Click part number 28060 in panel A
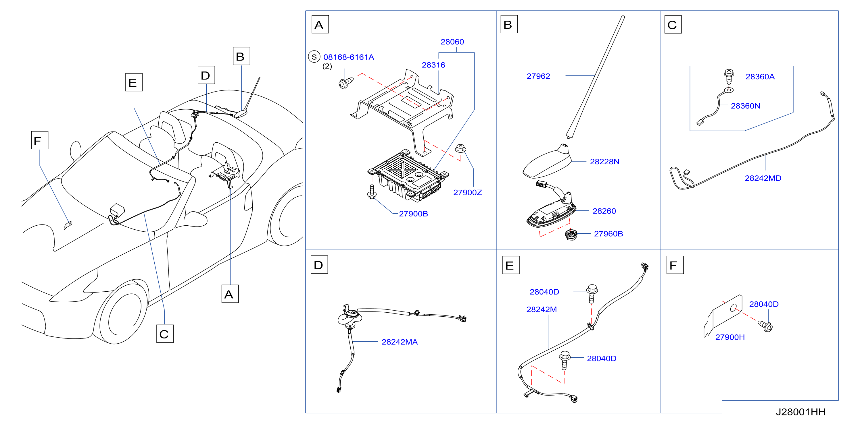[x=452, y=42]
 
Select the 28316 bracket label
[x=433, y=65]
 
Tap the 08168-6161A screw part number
[x=349, y=57]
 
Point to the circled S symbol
[x=314, y=57]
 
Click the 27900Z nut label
[x=467, y=192]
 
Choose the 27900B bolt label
[x=413, y=214]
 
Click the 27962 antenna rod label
[x=538, y=76]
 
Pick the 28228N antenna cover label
[x=604, y=162]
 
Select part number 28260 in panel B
[x=604, y=211]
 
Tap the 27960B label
[x=608, y=234]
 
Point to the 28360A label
[x=760, y=77]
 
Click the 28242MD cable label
[x=763, y=178]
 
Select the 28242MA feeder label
[x=400, y=342]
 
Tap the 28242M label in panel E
[x=542, y=309]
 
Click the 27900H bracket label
[x=730, y=337]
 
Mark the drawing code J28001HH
[x=801, y=412]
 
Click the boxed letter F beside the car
[x=40, y=140]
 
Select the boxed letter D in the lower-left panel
[x=319, y=265]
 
